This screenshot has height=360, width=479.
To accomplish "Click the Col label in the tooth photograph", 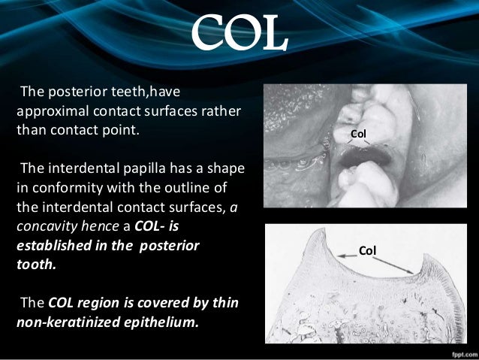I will coord(360,134).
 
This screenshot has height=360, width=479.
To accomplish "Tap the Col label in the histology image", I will coord(367,249).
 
